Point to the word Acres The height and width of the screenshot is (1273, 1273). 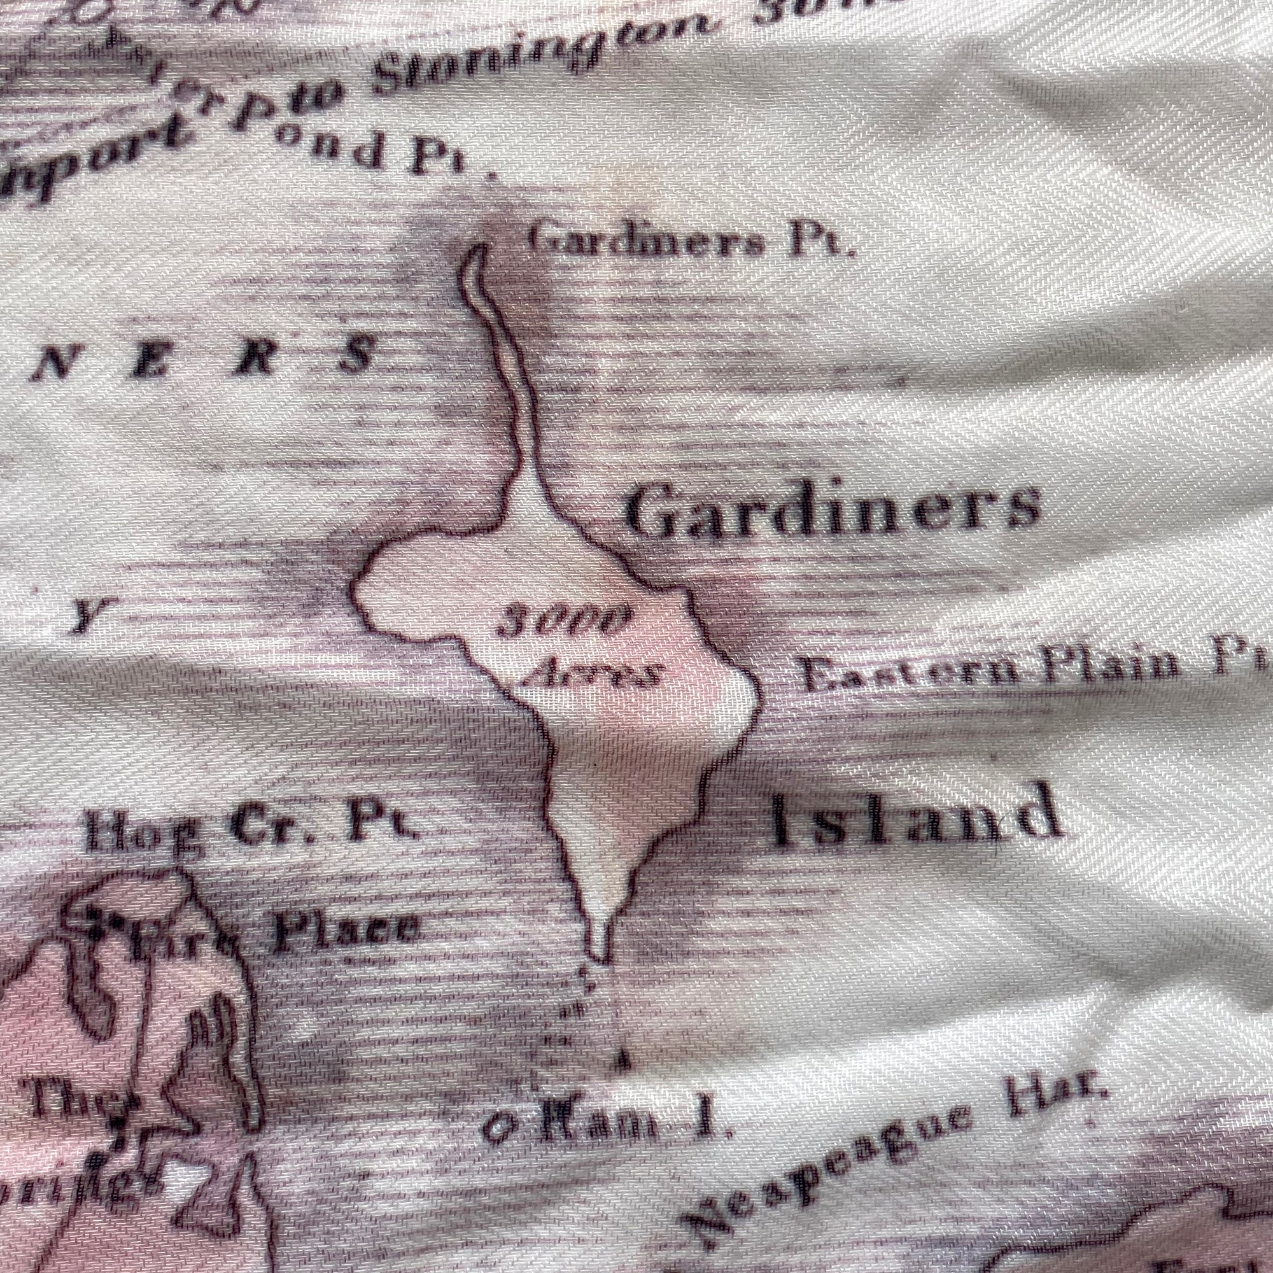596,672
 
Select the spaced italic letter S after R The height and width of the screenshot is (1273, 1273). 359,356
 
